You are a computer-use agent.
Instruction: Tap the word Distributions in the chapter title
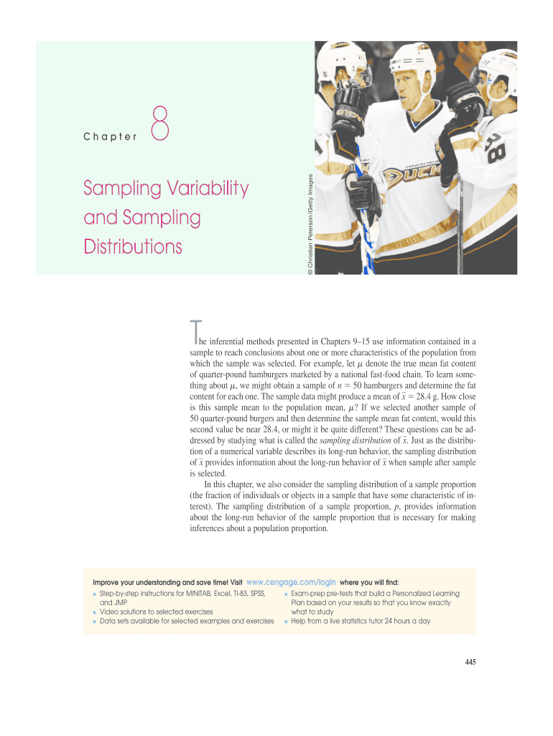coord(133,247)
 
